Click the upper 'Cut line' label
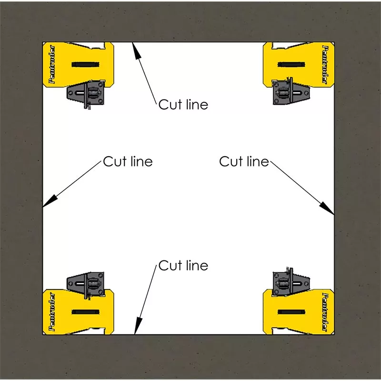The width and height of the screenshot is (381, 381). [x=183, y=104]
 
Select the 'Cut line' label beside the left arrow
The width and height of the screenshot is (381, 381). [x=128, y=161]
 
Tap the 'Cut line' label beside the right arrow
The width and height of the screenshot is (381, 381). [x=244, y=161]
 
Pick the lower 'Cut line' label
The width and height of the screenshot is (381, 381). [x=183, y=265]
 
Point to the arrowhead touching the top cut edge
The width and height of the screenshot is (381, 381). [x=137, y=50]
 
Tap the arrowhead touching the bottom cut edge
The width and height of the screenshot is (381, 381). [x=138, y=326]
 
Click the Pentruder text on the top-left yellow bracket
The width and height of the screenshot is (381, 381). [x=52, y=64]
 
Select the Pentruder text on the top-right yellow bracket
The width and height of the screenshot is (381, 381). [x=325, y=65]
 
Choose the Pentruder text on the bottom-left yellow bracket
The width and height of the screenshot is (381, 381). [x=52, y=311]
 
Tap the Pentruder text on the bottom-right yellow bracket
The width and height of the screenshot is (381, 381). [x=325, y=312]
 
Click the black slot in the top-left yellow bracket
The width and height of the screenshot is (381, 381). [x=85, y=64]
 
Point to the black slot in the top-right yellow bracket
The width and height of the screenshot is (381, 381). [x=291, y=65]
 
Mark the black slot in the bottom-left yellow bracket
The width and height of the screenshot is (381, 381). [x=85, y=312]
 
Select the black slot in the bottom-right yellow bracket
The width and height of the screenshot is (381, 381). [x=291, y=312]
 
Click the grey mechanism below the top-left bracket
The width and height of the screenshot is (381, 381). [x=86, y=94]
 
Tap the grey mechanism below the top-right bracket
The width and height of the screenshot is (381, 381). [x=291, y=91]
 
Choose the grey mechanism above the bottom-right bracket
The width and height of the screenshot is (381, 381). [x=291, y=281]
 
